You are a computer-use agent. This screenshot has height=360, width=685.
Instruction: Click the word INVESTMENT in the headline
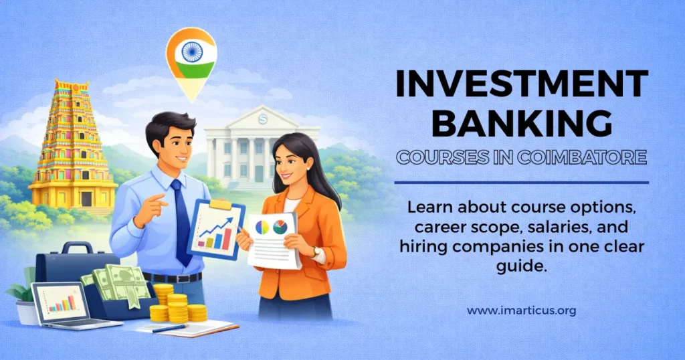522,84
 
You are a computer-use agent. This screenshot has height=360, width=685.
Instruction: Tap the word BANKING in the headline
522,124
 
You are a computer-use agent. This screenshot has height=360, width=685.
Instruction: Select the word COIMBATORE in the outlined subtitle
583,157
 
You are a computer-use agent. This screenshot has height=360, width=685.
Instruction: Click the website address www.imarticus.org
522,311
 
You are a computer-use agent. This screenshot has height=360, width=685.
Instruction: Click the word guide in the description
522,266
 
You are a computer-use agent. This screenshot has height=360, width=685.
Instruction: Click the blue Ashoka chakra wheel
192,52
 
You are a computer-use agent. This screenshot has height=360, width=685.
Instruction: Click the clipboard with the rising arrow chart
216,229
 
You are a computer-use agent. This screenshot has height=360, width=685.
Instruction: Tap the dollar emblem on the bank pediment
262,119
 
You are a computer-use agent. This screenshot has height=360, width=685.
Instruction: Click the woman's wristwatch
314,252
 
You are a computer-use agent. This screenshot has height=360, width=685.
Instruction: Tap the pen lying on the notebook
169,328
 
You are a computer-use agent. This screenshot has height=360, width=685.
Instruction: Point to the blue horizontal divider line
522,183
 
